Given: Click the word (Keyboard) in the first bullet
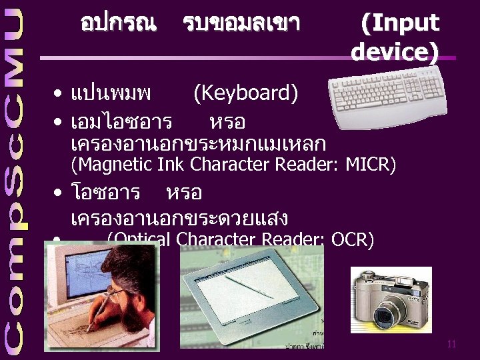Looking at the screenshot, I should click(245, 94).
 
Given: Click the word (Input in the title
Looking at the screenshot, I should click(399, 23).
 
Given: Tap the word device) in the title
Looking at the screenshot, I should click(395, 51).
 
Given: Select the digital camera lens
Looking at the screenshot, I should click(385, 313).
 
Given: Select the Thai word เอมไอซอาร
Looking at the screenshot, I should click(121, 123).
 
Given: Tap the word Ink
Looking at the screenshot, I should click(171, 163).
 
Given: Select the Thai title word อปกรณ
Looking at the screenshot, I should click(118, 24).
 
